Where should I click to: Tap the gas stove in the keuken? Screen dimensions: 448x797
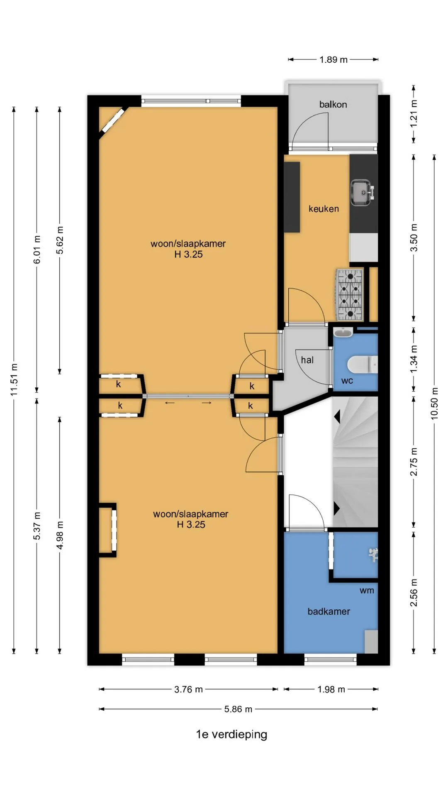pos(349,295)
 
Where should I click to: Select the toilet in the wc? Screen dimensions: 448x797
pos(363,364)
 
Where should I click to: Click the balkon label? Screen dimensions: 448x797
pos(333,105)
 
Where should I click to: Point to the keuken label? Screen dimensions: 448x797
pos(324,209)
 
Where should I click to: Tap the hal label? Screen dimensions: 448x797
pos(307,360)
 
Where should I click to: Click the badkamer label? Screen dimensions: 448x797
pos(329,611)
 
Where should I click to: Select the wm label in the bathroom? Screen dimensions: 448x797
pos(367,590)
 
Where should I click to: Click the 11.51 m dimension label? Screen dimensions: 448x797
pos(14,379)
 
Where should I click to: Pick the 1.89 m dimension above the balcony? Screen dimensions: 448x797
pos(334,60)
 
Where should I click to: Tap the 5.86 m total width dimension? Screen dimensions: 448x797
pos(238,709)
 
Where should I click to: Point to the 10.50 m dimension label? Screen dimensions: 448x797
pos(434,403)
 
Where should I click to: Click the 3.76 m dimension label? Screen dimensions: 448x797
pos(188,689)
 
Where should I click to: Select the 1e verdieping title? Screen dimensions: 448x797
pos(231,734)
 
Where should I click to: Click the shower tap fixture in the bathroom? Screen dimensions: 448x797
pos(373,555)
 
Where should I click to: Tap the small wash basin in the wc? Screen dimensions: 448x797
pos(343,332)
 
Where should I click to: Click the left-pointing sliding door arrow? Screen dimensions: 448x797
pos(170,403)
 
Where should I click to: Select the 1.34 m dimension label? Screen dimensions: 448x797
pos(414,359)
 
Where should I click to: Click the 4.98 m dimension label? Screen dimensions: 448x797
pos(60,535)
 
